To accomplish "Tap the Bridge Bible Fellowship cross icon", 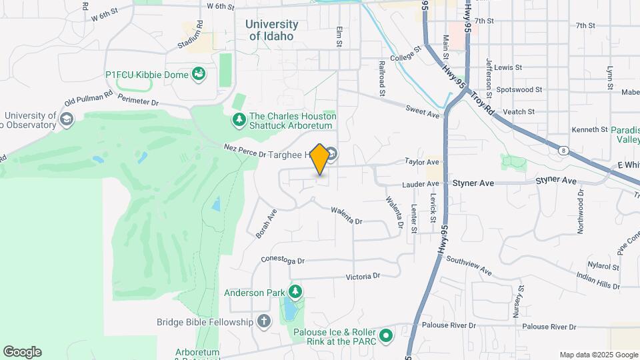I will pyautogui.click(x=264, y=322).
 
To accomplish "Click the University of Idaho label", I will pyautogui.click(x=271, y=30).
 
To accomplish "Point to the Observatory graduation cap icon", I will pyautogui.click(x=65, y=119).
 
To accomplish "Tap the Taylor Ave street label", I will pyautogui.click(x=423, y=162).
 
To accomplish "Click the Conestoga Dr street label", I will pyautogui.click(x=282, y=261).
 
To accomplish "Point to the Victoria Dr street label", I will pyautogui.click(x=363, y=275).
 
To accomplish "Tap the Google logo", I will pyautogui.click(x=22, y=352).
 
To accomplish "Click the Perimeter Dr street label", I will pyautogui.click(x=137, y=101).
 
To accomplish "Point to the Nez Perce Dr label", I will pyautogui.click(x=245, y=150).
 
